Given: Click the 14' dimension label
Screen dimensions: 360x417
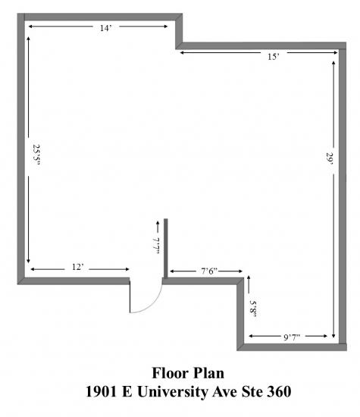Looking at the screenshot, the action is [105, 28].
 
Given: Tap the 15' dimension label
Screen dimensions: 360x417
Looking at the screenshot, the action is [274, 57].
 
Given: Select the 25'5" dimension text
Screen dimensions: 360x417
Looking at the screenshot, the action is [36, 155].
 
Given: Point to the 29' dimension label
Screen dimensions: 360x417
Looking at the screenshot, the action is [330, 158].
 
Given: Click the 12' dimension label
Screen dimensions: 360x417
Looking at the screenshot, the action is [77, 267].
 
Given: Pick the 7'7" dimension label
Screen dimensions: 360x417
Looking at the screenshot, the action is [157, 245].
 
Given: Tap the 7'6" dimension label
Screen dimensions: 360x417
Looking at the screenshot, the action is [209, 271].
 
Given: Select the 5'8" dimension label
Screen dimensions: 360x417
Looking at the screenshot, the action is [253, 309].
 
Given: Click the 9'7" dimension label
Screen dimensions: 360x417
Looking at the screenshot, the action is [292, 337].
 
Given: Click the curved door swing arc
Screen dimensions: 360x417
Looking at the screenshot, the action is [153, 303].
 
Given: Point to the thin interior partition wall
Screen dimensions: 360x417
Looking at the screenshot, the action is [166, 248].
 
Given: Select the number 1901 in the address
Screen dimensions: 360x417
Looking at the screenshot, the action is [102, 392].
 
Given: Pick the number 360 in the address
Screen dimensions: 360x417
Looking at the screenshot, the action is [279, 392].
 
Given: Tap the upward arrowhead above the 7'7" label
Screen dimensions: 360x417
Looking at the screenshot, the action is [158, 223].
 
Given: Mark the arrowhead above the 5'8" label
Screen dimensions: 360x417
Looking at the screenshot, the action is [249, 277].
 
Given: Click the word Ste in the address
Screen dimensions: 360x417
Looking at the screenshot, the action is [252, 392].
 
